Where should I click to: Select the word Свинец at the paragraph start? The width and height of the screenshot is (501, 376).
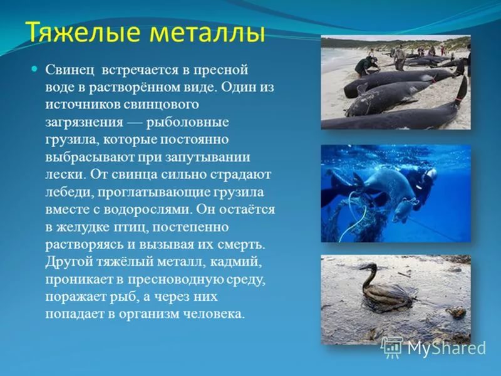(x=70, y=70)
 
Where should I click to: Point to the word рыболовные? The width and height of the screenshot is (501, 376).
(x=187, y=122)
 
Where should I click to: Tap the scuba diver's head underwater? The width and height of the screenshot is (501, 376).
(x=430, y=177)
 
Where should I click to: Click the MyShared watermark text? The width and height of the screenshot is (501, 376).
(x=447, y=348)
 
